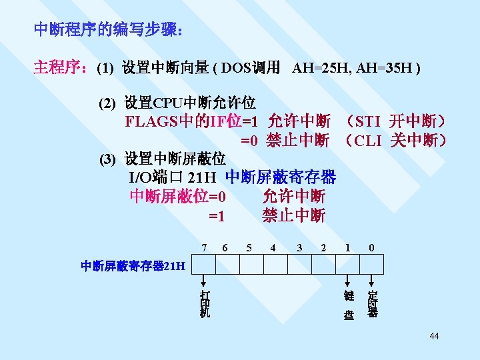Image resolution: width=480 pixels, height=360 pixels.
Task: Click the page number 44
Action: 434,336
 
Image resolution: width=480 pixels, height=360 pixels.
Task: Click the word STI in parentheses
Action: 368,122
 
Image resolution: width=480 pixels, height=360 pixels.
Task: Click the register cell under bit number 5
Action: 251,265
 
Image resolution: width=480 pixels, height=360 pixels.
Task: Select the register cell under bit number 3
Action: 299,265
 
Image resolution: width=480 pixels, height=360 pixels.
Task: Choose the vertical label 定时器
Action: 373,304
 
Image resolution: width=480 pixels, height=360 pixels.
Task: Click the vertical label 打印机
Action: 204,304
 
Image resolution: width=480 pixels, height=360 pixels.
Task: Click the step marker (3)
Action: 107,160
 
